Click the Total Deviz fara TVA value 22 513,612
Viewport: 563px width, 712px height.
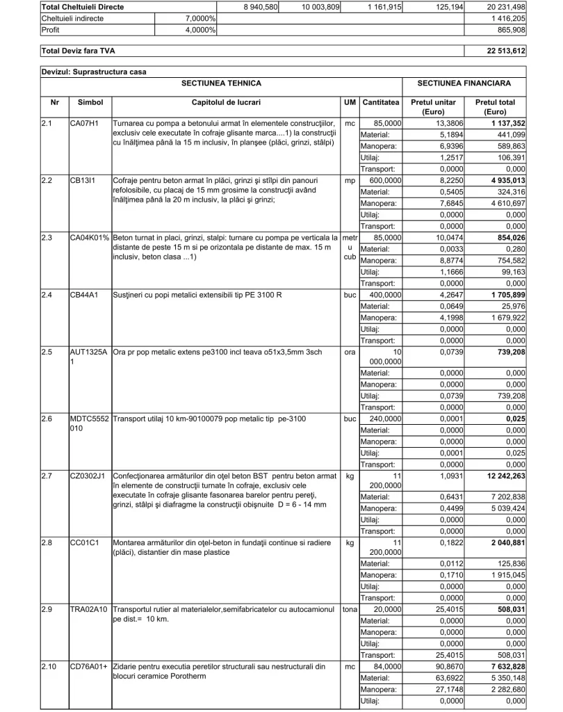coord(506,51)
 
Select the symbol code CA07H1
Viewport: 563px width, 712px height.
coord(85,123)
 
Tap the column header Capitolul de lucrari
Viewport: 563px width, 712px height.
coord(225,102)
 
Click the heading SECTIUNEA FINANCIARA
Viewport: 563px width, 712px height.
coord(463,83)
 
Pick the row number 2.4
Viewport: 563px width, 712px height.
coord(48,294)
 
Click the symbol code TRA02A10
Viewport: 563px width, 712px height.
coord(89,609)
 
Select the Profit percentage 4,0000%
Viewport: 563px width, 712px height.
coord(200,31)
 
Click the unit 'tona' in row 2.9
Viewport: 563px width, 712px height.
coord(350,609)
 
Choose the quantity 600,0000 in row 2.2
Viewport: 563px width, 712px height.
coord(383,179)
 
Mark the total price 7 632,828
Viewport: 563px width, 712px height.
coord(501,666)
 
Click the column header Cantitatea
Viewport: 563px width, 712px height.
coord(381,102)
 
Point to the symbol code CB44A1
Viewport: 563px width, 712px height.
coord(85,294)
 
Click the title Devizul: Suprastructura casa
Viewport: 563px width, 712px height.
coord(94,71)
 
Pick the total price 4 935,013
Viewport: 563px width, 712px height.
coord(501,179)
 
